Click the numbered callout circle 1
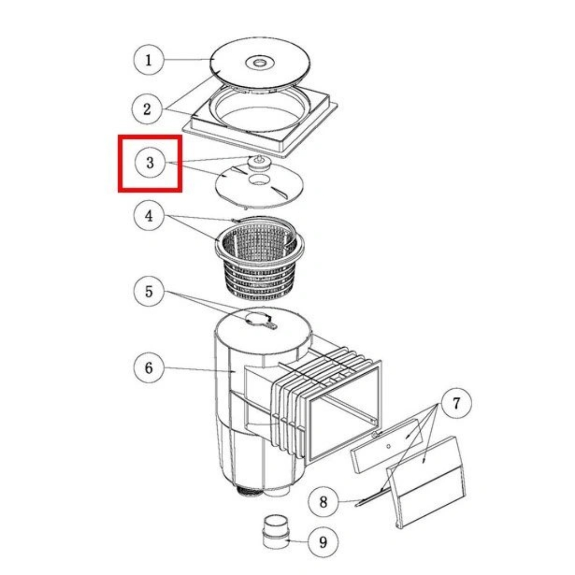coord(149,60)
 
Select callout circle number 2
coord(147,109)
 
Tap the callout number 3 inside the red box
coord(150,162)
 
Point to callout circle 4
coord(149,216)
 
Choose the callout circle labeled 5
coord(149,292)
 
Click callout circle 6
coord(149,367)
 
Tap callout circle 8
coord(323,502)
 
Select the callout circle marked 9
coord(323,541)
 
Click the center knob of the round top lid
coord(260,63)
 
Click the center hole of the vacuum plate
coord(259,179)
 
